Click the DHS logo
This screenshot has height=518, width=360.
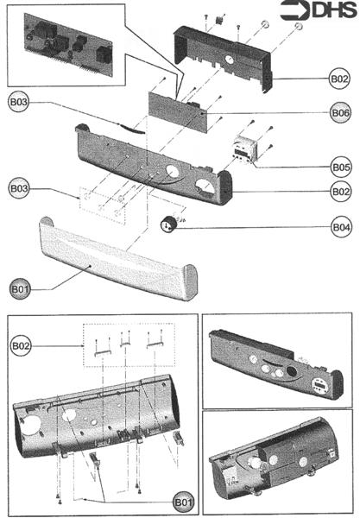pos(320,13)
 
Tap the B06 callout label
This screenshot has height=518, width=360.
pos(340,113)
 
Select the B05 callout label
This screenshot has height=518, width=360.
pos(340,167)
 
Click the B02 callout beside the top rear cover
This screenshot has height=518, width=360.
pos(340,79)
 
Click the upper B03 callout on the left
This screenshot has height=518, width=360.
pos(20,102)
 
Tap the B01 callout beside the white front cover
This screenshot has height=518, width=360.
pos(20,287)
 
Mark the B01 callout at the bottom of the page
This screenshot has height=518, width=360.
pos(181,502)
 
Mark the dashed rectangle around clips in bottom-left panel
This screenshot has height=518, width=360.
pos(127,343)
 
